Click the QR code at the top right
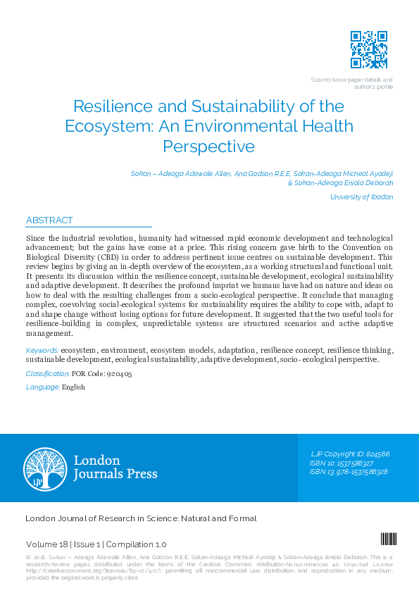click(x=369, y=49)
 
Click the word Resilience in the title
click(x=109, y=107)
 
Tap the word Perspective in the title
click(x=208, y=146)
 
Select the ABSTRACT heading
click(x=49, y=220)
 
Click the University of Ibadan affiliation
click(x=362, y=197)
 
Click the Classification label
click(x=47, y=373)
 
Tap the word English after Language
click(x=73, y=387)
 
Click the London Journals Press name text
click(x=115, y=467)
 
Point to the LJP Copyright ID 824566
click(x=350, y=454)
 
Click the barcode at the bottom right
click(x=388, y=539)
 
